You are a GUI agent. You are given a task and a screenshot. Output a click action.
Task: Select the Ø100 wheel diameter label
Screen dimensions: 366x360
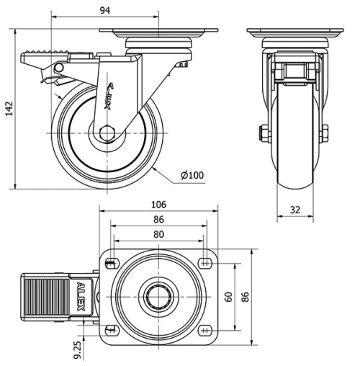coord(193,175)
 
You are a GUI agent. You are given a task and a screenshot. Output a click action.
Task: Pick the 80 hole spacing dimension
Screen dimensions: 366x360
coord(158,235)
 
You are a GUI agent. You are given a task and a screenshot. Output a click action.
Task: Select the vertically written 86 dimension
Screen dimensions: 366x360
coord(245,297)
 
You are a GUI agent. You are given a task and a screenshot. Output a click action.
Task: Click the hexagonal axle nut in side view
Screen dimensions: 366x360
coord(107,133)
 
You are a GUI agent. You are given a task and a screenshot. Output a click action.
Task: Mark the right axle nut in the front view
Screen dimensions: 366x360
coord(325,133)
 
